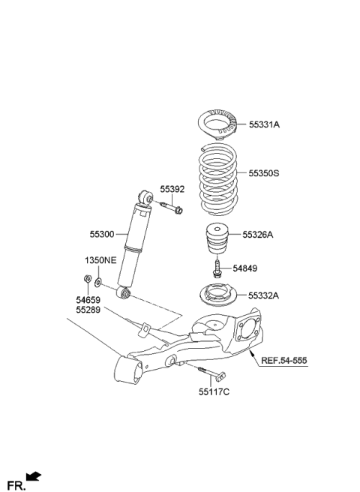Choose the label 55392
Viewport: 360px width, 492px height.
172,189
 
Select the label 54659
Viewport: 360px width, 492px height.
88,299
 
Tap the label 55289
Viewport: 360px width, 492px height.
88,309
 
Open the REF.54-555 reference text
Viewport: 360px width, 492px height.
284,360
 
